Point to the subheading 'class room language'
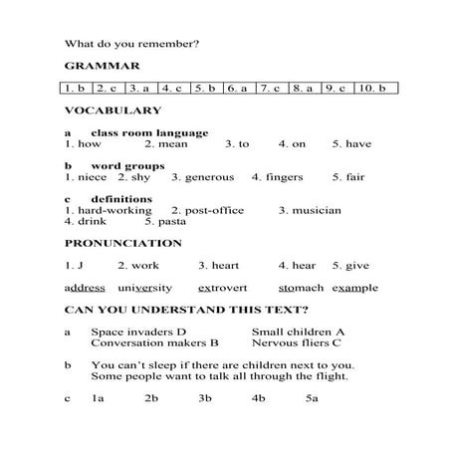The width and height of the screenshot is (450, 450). point(149,132)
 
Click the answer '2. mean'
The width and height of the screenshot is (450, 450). point(166,143)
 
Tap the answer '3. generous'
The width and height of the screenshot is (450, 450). point(202,177)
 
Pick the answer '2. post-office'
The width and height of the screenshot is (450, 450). point(208,210)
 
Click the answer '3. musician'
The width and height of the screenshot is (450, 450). point(310,210)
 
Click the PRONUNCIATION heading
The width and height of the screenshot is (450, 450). point(123,243)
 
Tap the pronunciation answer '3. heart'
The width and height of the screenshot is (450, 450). point(218,266)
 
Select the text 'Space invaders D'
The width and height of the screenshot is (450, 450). point(138,332)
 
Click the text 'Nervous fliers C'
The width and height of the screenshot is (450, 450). point(297,342)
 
